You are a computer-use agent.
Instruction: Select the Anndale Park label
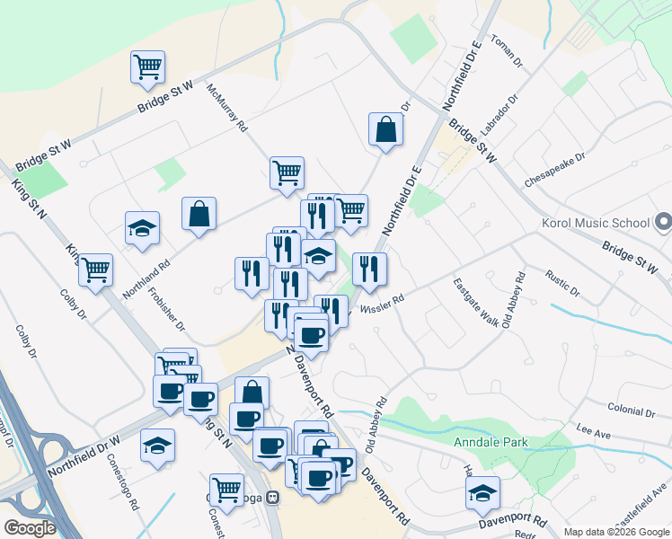491,442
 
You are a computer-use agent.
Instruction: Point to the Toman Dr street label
507,54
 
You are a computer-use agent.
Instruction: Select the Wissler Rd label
382,306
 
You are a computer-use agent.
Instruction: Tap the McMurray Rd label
226,108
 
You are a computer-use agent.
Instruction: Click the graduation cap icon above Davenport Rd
482,492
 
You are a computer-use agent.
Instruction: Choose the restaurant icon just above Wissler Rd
369,267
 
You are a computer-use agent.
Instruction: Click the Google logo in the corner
30,528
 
